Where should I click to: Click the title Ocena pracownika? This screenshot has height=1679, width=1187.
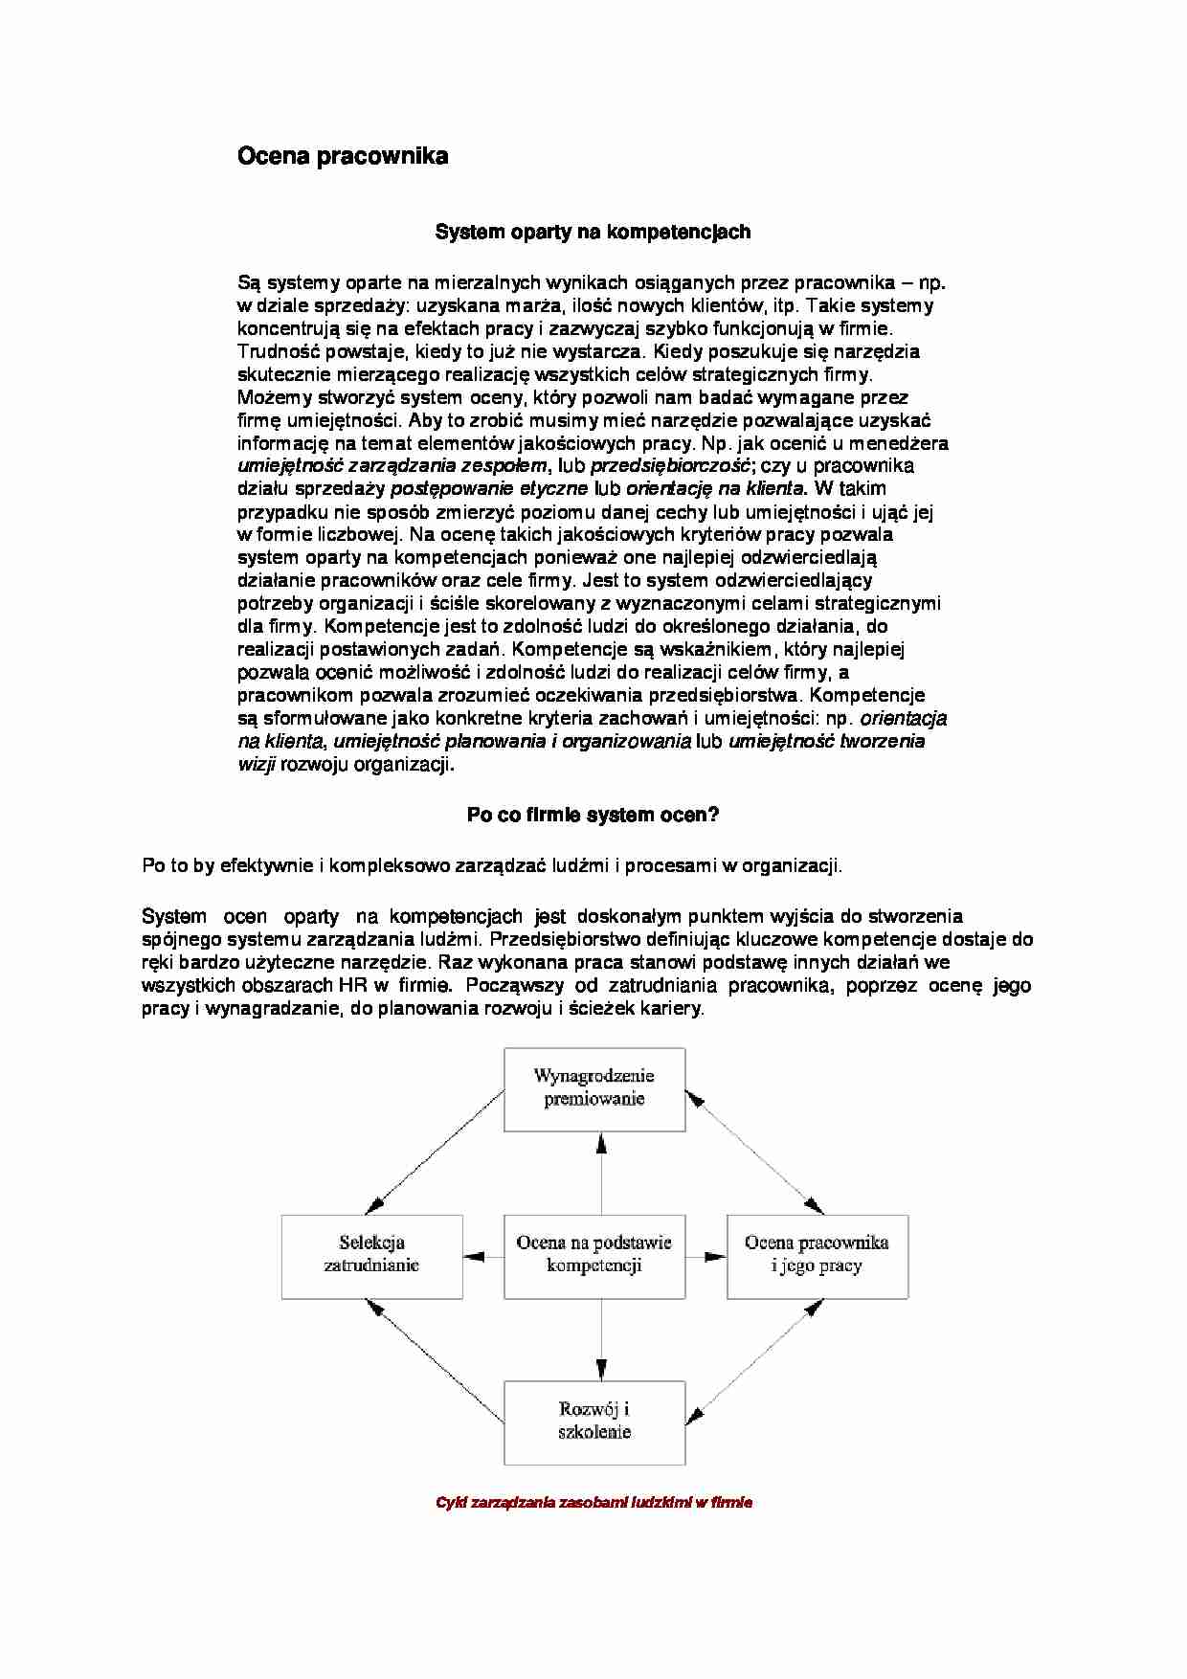343,156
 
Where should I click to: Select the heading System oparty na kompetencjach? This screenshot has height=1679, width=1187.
593,232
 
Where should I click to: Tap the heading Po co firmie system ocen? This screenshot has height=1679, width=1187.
593,815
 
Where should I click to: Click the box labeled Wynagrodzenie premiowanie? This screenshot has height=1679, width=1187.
594,1088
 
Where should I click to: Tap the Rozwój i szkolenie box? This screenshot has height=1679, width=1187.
594,1422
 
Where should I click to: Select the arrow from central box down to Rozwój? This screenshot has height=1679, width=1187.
601,1340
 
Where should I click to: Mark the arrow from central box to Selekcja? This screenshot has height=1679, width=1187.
483,1256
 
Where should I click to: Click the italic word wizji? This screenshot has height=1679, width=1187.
257,765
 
